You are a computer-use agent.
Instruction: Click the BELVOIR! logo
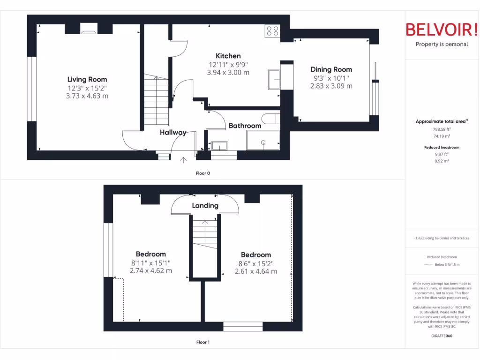pyautogui.click(x=442, y=30)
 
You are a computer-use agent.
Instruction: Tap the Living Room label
pyautogui.click(x=87, y=79)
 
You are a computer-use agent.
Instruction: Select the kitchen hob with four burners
pyautogui.click(x=272, y=31)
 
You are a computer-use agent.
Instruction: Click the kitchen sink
pyautogui.click(x=274, y=79)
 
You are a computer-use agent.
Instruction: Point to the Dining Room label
pyautogui.click(x=331, y=69)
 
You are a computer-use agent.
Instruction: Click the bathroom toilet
pyautogui.click(x=270, y=119)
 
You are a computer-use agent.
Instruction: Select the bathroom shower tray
pyautogui.click(x=263, y=140)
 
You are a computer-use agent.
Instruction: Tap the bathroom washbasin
pyautogui.click(x=218, y=145)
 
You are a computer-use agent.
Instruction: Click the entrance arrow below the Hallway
pyautogui.click(x=183, y=160)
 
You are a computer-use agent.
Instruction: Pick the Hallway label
pyautogui.click(x=173, y=133)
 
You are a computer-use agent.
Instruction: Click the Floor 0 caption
pyautogui.click(x=202, y=173)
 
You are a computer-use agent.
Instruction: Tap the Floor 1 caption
pyautogui.click(x=202, y=342)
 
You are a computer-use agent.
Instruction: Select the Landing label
pyautogui.click(x=205, y=205)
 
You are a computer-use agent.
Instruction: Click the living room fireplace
pyautogui.click(x=89, y=30)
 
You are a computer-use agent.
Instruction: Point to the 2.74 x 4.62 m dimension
pyautogui.click(x=151, y=271)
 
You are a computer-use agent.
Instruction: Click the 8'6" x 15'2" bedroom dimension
pyautogui.click(x=255, y=263)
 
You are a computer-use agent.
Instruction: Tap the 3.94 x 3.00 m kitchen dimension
pyautogui.click(x=228, y=73)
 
